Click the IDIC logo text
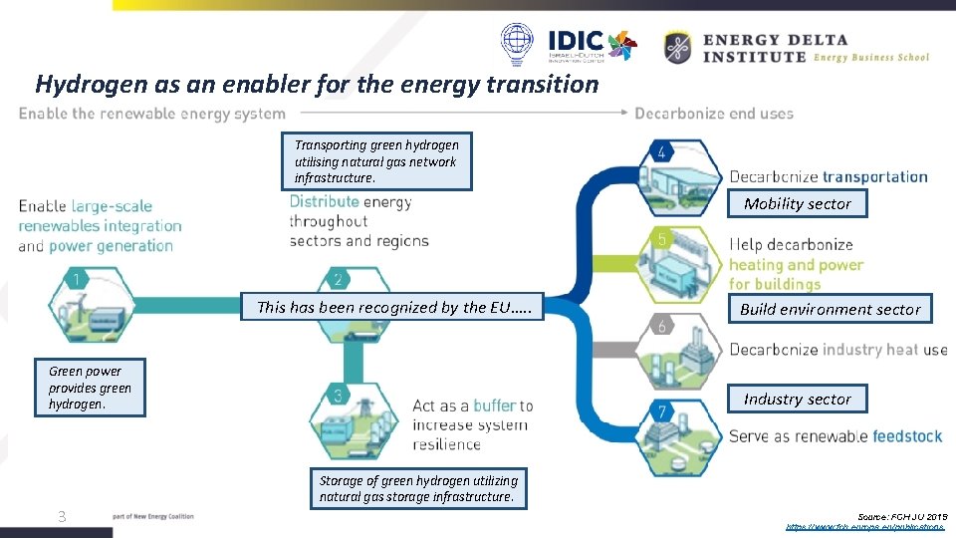click(576, 42)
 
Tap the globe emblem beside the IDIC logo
click(518, 45)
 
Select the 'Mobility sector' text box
click(798, 203)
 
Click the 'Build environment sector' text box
click(830, 309)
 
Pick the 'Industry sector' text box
click(797, 399)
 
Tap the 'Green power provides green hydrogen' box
click(90, 388)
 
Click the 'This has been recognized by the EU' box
click(394, 307)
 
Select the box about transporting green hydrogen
click(376, 161)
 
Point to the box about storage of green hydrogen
click(418, 488)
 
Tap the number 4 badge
click(661, 152)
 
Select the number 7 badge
click(661, 411)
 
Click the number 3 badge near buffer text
click(338, 396)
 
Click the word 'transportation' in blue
click(875, 177)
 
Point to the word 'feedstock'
click(908, 436)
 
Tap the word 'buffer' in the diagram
click(494, 405)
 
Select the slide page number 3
click(62, 516)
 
